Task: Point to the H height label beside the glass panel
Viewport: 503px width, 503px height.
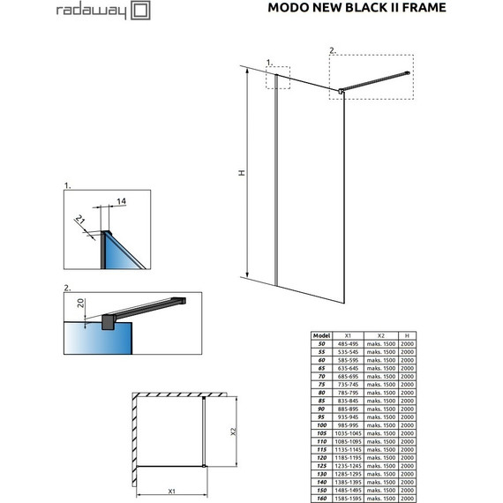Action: click(x=240, y=174)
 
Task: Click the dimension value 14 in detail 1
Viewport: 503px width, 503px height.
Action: click(x=120, y=201)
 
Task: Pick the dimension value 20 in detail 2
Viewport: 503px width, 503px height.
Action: click(x=82, y=304)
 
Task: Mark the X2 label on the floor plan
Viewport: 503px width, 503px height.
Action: click(x=234, y=431)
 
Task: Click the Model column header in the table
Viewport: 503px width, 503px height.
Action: click(x=323, y=335)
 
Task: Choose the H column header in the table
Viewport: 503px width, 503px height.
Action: click(x=407, y=335)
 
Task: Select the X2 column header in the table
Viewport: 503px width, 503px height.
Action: click(x=381, y=335)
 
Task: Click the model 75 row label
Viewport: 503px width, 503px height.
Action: click(x=323, y=385)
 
